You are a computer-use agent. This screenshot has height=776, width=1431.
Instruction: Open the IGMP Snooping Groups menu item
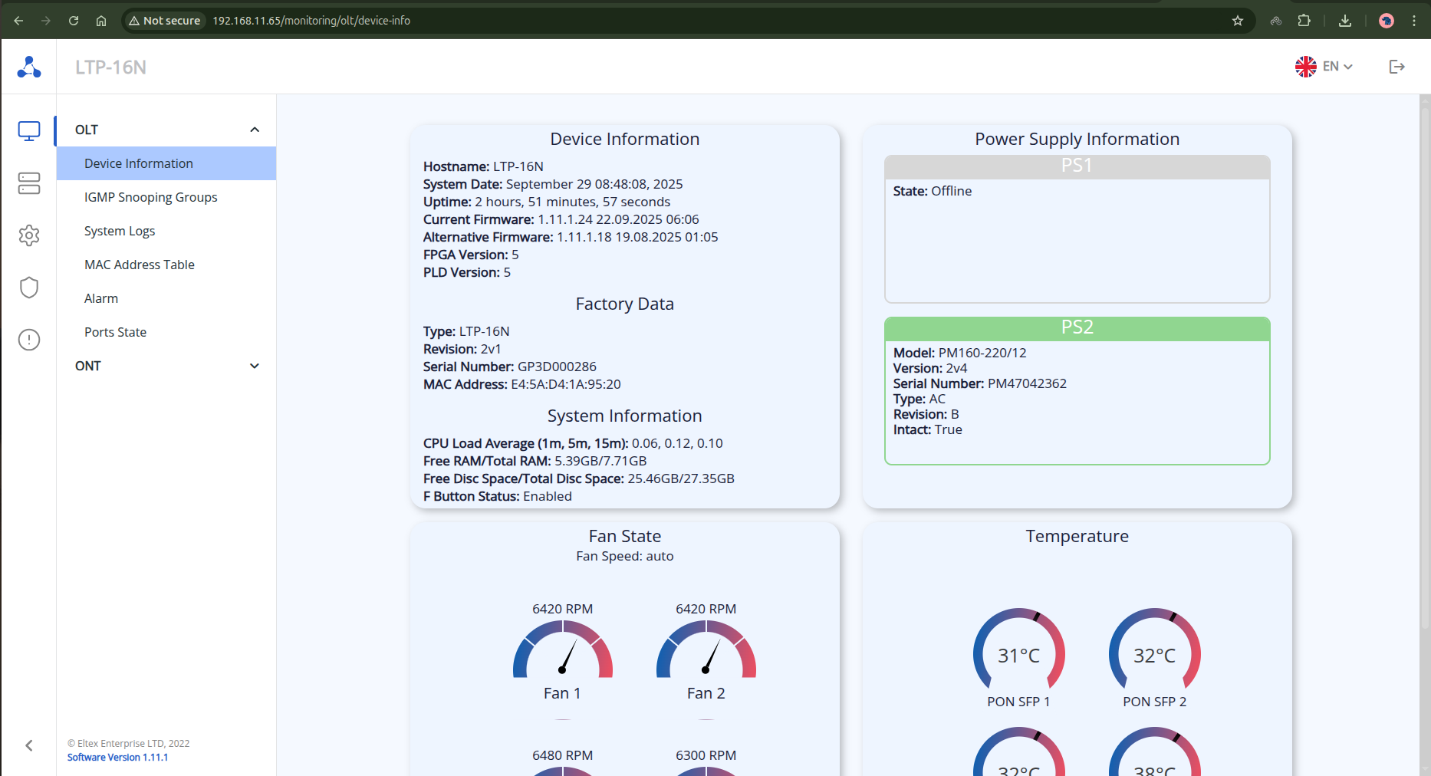coord(150,197)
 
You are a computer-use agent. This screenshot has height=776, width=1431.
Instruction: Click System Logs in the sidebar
coord(120,231)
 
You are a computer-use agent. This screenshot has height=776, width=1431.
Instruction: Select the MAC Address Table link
coord(139,265)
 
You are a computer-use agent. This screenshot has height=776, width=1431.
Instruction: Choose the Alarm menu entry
coord(101,298)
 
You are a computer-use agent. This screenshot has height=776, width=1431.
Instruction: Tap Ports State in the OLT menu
coord(115,332)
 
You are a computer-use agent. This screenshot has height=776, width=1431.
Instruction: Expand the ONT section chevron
coord(255,366)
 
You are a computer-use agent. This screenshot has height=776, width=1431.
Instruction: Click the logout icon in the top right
coord(1396,67)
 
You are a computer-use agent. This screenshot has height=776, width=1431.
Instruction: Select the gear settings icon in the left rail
coord(29,235)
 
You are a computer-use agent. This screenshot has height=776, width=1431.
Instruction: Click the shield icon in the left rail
coord(29,288)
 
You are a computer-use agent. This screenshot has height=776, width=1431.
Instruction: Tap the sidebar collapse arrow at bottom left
coord(29,745)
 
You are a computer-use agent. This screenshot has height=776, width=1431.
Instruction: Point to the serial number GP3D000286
coord(557,367)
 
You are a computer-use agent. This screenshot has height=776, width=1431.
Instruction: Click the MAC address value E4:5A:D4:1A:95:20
coord(566,384)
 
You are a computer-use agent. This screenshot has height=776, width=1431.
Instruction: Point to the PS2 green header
coord(1077,327)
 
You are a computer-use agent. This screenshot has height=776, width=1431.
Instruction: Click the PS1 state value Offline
coord(951,191)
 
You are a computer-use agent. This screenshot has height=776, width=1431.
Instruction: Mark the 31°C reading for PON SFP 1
coord(1018,656)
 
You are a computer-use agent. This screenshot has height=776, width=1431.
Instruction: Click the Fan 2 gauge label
coord(706,693)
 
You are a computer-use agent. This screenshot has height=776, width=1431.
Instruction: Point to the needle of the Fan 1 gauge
coord(568,656)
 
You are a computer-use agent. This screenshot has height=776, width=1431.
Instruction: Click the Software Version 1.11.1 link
coord(117,758)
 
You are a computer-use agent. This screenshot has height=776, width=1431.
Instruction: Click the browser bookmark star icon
coord(1237,21)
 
